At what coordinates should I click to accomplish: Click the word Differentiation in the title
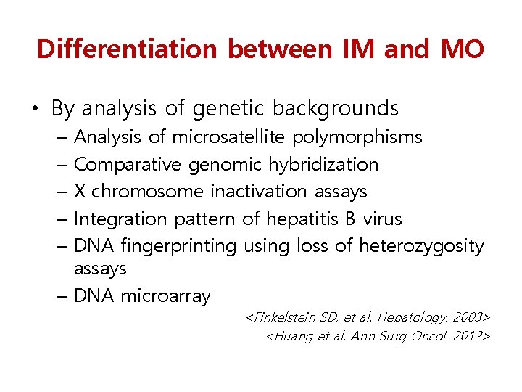click(x=127, y=49)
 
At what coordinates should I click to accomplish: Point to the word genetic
click(x=228, y=109)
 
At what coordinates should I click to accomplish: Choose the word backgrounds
click(x=336, y=109)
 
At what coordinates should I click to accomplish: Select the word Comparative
click(x=128, y=165)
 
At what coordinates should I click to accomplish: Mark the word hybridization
click(x=323, y=165)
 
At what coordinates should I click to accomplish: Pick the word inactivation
click(x=259, y=192)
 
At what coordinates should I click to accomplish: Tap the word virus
click(x=382, y=219)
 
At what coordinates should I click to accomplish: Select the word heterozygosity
click(x=421, y=247)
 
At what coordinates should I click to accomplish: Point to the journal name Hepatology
click(x=411, y=318)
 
